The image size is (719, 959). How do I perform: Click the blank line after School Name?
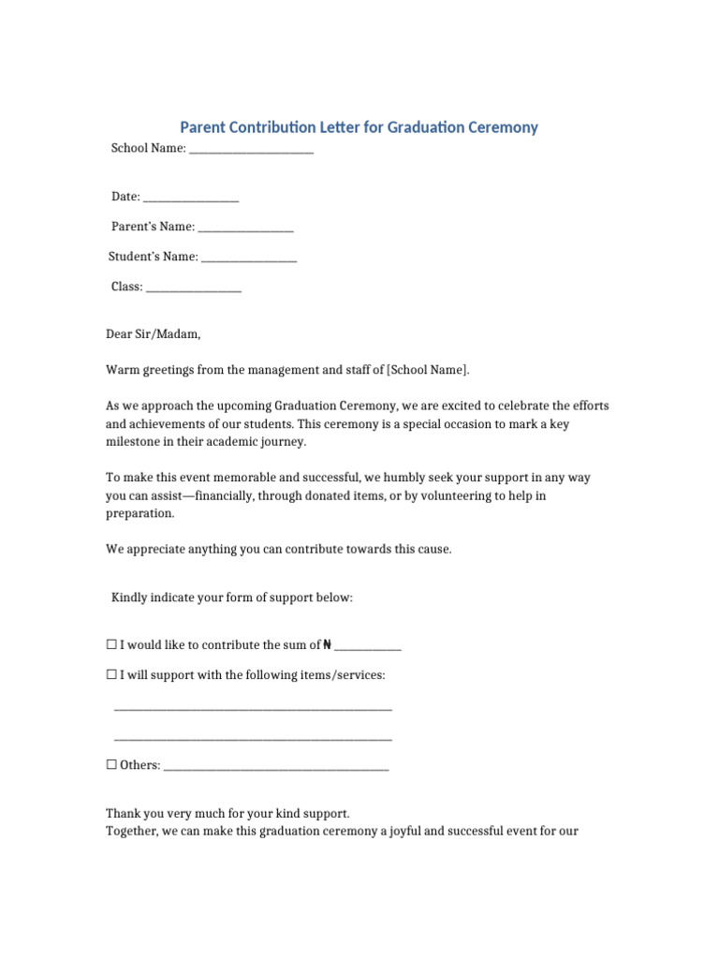click(x=251, y=149)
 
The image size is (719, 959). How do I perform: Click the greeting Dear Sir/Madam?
click(x=153, y=334)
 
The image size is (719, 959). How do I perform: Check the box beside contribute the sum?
click(x=111, y=644)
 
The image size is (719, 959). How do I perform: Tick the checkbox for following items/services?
click(x=111, y=674)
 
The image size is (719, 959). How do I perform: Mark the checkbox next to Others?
click(x=111, y=764)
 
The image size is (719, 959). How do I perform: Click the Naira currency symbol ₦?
click(x=327, y=644)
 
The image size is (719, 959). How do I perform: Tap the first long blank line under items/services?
click(x=253, y=707)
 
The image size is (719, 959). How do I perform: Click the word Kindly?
click(x=129, y=597)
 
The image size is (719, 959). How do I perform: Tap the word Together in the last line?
click(x=132, y=831)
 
